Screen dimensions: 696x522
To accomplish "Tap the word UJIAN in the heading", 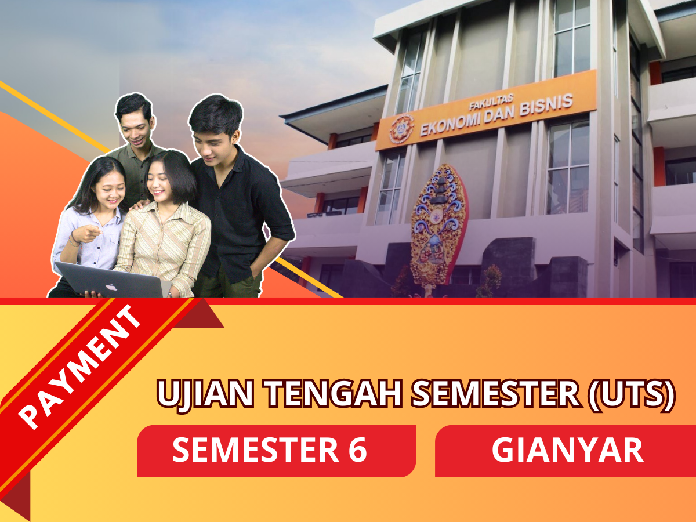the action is coord(205,395).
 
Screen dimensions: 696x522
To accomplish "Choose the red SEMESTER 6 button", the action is coord(276,451).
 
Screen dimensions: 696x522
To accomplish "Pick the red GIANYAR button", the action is coord(565,451).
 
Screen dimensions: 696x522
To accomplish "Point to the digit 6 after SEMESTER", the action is coord(358,449).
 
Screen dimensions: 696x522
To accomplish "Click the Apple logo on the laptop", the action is coord(111,287).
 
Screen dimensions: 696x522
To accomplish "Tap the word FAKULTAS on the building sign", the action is coord(491,103).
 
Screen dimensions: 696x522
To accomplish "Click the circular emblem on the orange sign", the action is coord(401,129).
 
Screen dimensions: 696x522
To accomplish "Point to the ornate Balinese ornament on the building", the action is coord(438,228).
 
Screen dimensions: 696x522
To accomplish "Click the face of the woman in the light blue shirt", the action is coord(111,192).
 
